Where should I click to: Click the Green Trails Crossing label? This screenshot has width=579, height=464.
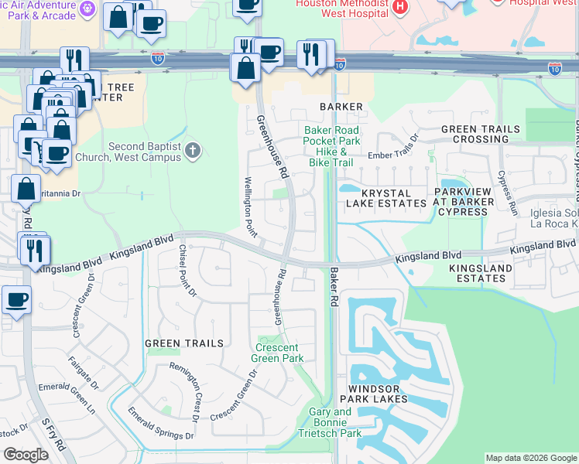(475, 134)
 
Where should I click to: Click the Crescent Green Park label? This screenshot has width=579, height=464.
(279, 353)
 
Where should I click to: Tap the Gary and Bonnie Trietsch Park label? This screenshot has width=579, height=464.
(330, 423)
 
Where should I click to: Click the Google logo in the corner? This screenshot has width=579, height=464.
(26, 455)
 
